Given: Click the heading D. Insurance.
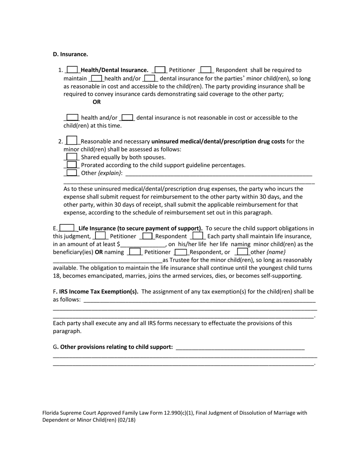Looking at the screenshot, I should (70, 54).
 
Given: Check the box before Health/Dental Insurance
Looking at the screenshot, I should (72, 70).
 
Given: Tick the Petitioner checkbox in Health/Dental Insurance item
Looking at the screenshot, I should (160, 70).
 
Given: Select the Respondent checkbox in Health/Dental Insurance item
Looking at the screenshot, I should (206, 70).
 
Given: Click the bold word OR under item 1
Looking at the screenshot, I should (97, 102).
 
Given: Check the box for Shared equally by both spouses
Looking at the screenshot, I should (72, 157).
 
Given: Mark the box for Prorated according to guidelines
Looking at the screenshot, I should (72, 165).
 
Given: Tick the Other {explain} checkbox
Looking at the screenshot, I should (72, 173).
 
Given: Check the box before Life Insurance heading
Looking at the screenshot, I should (67, 228).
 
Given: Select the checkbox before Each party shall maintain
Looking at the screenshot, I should (198, 236).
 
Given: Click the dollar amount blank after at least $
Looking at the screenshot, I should (143, 244).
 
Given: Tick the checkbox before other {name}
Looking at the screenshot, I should (243, 252).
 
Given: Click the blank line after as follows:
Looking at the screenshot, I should (199, 300).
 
